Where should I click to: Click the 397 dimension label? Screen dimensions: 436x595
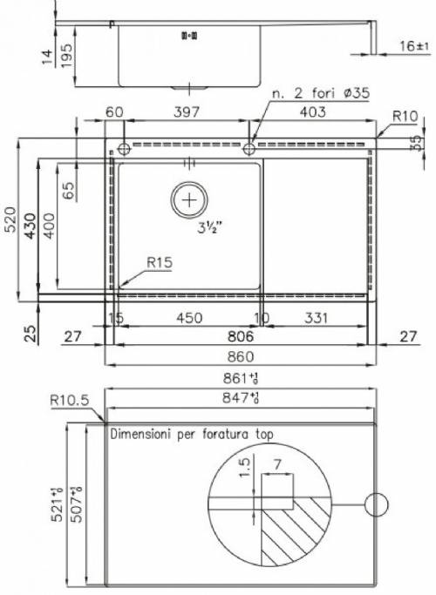(186, 112)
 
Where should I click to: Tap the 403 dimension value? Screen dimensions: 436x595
(312, 112)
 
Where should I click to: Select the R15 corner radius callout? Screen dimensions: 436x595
(160, 262)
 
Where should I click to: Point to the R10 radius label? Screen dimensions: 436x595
(405, 116)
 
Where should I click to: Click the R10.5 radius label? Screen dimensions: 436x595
(70, 400)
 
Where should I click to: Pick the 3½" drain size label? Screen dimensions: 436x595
(209, 227)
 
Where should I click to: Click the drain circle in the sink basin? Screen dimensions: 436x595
(189, 199)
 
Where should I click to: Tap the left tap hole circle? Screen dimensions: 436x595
(124, 149)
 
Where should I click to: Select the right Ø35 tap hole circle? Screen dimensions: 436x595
(249, 149)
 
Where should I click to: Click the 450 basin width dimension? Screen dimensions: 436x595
(189, 318)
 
